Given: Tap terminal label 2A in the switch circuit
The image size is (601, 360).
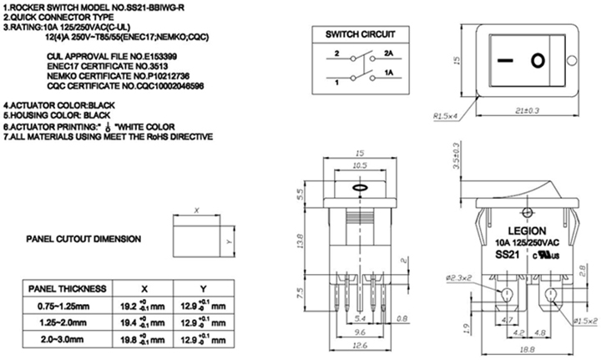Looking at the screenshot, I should [389, 53].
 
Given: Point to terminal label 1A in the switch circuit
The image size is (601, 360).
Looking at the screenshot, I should [389, 74].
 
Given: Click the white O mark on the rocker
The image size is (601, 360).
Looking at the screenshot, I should [539, 60].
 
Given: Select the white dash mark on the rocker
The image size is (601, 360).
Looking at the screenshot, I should [502, 60].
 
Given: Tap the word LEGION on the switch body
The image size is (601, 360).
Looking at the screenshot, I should [525, 229].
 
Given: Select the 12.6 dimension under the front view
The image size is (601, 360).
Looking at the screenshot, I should [361, 342].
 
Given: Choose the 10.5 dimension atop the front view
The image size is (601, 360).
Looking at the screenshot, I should [361, 167].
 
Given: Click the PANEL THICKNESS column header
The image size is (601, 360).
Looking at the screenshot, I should [67, 288].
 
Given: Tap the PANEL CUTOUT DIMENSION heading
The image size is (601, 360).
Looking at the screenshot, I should [82, 238].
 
